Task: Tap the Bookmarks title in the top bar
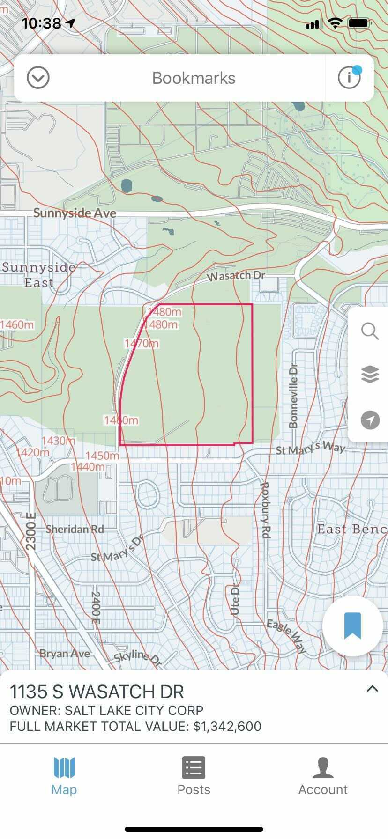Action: point(194,78)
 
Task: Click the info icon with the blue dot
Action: point(349,78)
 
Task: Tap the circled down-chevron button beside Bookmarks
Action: point(38,78)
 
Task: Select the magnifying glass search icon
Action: point(370,331)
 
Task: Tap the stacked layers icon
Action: point(370,375)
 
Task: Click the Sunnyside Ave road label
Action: point(75,213)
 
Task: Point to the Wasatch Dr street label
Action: point(236,276)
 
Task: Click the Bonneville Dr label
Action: point(294,396)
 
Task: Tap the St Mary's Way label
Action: point(310,448)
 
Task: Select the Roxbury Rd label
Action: point(266,510)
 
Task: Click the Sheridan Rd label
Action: point(75,529)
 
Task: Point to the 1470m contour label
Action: point(142,344)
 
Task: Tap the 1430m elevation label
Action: point(58,441)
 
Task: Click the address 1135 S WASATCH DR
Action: point(97,692)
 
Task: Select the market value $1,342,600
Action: point(227,726)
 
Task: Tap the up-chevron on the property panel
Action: point(372,689)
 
